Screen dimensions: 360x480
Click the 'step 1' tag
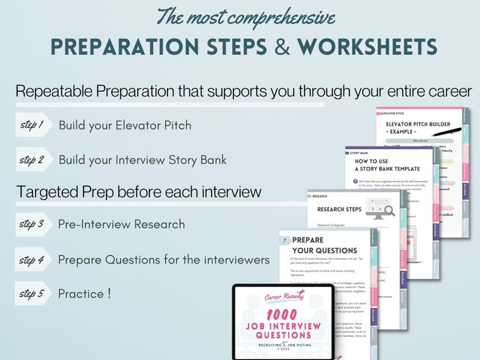coord(32,125)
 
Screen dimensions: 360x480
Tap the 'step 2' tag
coord(32,160)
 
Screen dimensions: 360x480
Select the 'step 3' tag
coord(32,224)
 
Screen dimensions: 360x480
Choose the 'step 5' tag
coord(32,294)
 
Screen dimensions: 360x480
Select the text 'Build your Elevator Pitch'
coord(125,126)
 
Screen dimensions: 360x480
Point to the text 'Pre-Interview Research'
coord(122,224)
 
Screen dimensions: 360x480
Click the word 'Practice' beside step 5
coord(81,294)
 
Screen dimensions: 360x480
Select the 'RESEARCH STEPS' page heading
coord(339,210)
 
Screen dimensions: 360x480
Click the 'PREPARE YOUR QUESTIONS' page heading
coord(323,245)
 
